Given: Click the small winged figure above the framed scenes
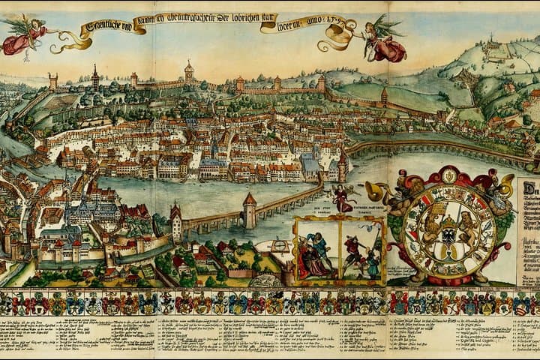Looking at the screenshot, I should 343,198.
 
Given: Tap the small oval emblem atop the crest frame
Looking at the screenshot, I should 448,175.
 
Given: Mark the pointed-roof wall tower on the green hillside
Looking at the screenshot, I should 384,97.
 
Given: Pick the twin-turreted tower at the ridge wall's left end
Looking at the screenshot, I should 52,81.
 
